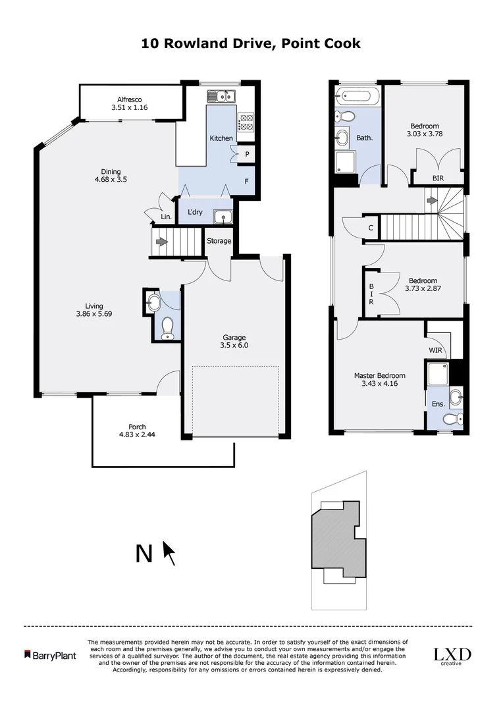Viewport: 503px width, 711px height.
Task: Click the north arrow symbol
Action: click(169, 553)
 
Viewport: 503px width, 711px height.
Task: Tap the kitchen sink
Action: click(222, 97)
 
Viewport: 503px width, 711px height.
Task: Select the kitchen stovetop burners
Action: click(246, 122)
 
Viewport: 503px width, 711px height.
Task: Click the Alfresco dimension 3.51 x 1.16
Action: click(130, 108)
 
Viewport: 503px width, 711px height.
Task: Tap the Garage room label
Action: click(234, 338)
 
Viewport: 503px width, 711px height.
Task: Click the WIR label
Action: click(435, 350)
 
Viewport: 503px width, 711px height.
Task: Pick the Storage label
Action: click(219, 241)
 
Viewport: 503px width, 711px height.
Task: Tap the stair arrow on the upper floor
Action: click(432, 200)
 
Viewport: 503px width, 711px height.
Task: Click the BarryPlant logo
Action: click(50, 655)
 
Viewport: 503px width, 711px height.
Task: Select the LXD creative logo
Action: click(451, 656)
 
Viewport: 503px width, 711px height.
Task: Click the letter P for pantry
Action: click(246, 153)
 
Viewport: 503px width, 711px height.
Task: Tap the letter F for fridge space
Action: click(247, 178)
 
